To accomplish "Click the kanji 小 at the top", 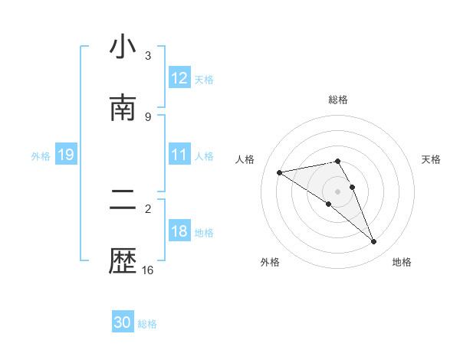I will pyautogui.click(x=123, y=47).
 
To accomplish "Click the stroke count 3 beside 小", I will pyautogui.click(x=148, y=56).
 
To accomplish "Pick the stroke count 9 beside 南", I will pyautogui.click(x=148, y=116).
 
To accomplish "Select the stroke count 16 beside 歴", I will pyautogui.click(x=148, y=270).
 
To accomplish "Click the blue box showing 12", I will pyautogui.click(x=179, y=78).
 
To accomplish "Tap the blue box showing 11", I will pyautogui.click(x=179, y=155).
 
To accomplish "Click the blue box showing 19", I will pyautogui.click(x=65, y=155).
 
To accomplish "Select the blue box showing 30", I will pyautogui.click(x=123, y=323).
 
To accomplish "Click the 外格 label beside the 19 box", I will pyautogui.click(x=41, y=156).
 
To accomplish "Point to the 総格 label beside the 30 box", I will pyautogui.click(x=147, y=324).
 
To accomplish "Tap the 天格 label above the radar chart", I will pyautogui.click(x=431, y=159).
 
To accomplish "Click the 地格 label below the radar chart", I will pyautogui.click(x=402, y=262).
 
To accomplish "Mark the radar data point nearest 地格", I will pyautogui.click(x=374, y=242).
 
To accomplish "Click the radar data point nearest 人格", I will pyautogui.click(x=280, y=172).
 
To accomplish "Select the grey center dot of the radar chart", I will pyautogui.click(x=337, y=191).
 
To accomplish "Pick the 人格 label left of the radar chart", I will pyautogui.click(x=245, y=159).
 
